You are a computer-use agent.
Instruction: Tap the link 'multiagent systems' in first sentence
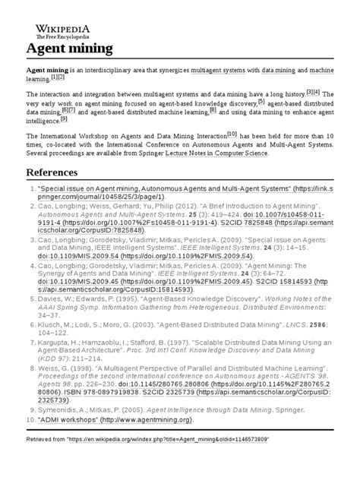(227, 70)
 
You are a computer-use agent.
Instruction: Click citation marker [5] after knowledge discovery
(261, 101)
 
